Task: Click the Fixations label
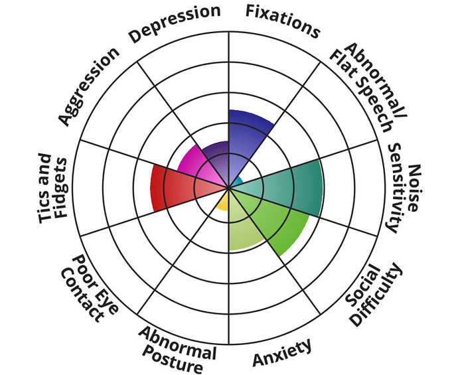[x=283, y=20]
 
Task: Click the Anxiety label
[x=282, y=352]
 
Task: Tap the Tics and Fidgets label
[x=50, y=187]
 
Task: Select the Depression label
[x=175, y=23]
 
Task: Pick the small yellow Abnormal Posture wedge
[x=224, y=201]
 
